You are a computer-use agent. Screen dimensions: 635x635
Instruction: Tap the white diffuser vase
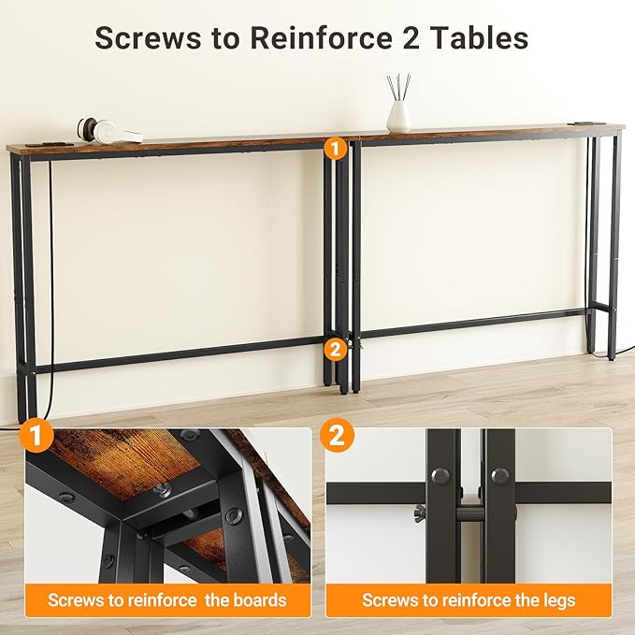[x=399, y=116]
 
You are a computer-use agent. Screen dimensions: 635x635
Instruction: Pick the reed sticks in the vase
[x=397, y=87]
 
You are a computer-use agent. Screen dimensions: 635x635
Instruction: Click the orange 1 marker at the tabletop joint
[x=334, y=147]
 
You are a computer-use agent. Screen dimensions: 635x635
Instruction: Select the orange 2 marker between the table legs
[x=334, y=349]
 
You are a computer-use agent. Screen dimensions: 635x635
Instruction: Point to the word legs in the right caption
[x=556, y=599]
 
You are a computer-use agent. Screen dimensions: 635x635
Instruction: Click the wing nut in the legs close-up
[x=422, y=512]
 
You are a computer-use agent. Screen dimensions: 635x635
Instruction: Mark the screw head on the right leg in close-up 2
[x=499, y=475]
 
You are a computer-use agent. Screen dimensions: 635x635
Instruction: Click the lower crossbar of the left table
[x=178, y=355]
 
